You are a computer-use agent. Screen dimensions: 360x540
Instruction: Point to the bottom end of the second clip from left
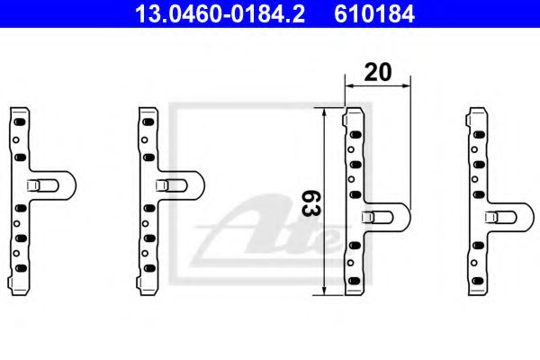(147, 290)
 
